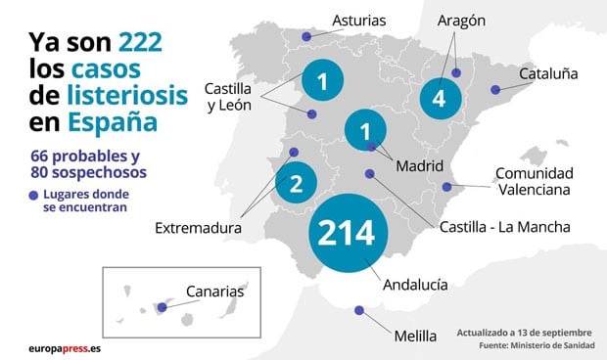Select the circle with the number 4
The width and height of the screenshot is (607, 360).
pos(439,99)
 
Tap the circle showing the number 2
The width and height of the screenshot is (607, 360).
pos(296,180)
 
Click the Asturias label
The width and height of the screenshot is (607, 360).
pos(359,20)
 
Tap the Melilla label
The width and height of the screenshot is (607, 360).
pos(414,336)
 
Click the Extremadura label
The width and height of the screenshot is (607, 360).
pos(198,228)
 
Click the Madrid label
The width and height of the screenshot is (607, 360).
pos(420,165)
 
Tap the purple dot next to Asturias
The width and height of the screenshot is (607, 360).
pos(306,36)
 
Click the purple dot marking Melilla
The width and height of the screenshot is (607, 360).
pos(358,311)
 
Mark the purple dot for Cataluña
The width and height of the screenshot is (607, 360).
pos(495,90)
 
